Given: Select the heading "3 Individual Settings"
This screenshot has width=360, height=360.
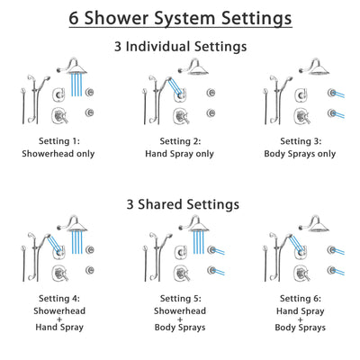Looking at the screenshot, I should pos(180,45).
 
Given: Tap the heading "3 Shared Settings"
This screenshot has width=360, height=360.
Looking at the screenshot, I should pos(180,204).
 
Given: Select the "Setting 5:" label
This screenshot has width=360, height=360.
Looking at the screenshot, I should pos(180,297).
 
